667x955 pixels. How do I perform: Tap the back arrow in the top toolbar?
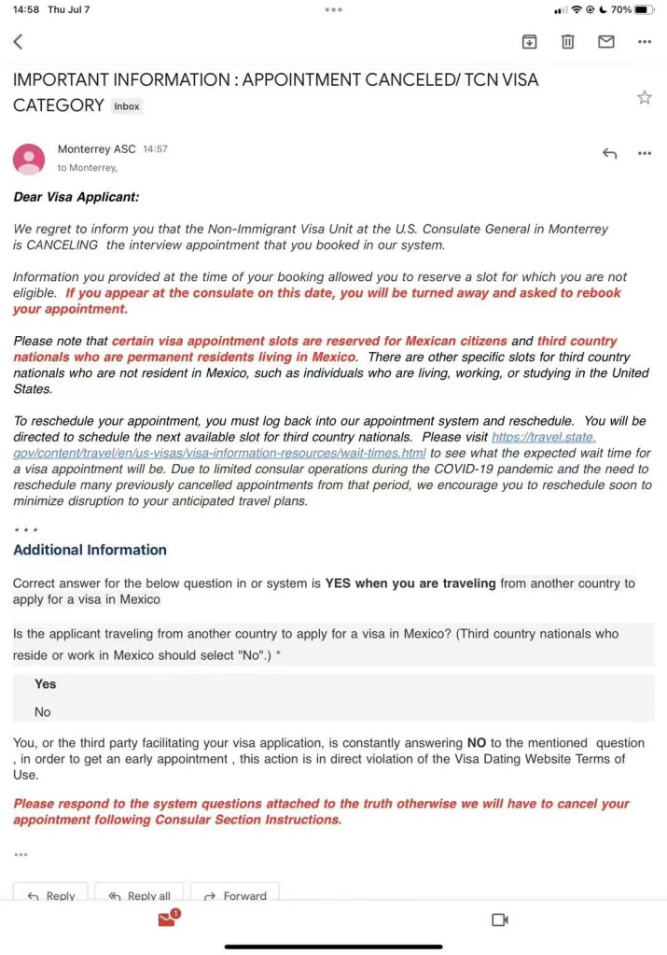[18, 41]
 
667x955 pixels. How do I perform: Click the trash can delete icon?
[567, 41]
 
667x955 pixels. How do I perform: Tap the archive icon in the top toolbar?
[529, 41]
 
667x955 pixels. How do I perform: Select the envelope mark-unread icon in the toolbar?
[606, 41]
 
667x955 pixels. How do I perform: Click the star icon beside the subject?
[644, 97]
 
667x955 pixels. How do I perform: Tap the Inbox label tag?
[126, 106]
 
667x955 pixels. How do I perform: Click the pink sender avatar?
[29, 159]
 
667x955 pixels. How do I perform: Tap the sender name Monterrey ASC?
[96, 149]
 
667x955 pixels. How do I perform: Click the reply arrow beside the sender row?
[609, 153]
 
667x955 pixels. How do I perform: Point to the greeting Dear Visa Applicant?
[76, 197]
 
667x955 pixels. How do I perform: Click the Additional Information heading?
[90, 550]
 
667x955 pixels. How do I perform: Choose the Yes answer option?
[45, 684]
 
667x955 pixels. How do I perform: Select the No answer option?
[43, 711]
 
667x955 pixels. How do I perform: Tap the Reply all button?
[139, 895]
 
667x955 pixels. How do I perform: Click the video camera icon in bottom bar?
[499, 920]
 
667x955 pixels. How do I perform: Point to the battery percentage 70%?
[621, 9]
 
